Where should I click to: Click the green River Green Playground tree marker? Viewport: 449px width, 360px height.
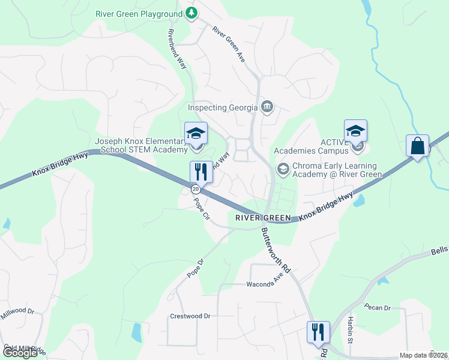[x=191, y=13]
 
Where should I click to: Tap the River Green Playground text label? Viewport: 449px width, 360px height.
[x=139, y=14]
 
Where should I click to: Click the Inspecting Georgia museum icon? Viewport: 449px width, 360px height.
[x=268, y=107]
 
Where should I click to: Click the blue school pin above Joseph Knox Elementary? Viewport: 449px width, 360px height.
[x=196, y=133]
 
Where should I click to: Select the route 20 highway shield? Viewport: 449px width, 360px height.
[x=196, y=189]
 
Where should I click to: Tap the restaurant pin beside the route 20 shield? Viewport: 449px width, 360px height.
[x=200, y=172]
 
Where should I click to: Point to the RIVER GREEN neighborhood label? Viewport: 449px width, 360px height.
[x=263, y=218]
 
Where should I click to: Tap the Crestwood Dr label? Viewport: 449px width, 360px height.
[x=190, y=316]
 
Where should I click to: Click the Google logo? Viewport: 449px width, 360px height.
[x=19, y=353]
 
